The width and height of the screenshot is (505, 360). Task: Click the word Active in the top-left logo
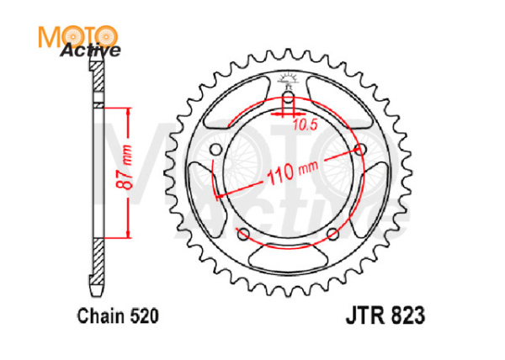pyautogui.click(x=90, y=50)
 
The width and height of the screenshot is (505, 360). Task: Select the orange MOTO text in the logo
pyautogui.click(x=77, y=34)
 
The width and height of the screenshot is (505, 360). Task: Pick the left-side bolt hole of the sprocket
pyautogui.click(x=215, y=150)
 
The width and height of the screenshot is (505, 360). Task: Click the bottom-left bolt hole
pyautogui.click(x=243, y=234)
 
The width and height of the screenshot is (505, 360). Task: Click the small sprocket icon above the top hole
pyautogui.click(x=289, y=82)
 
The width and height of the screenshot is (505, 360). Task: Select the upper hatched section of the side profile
pyautogui.click(x=96, y=85)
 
